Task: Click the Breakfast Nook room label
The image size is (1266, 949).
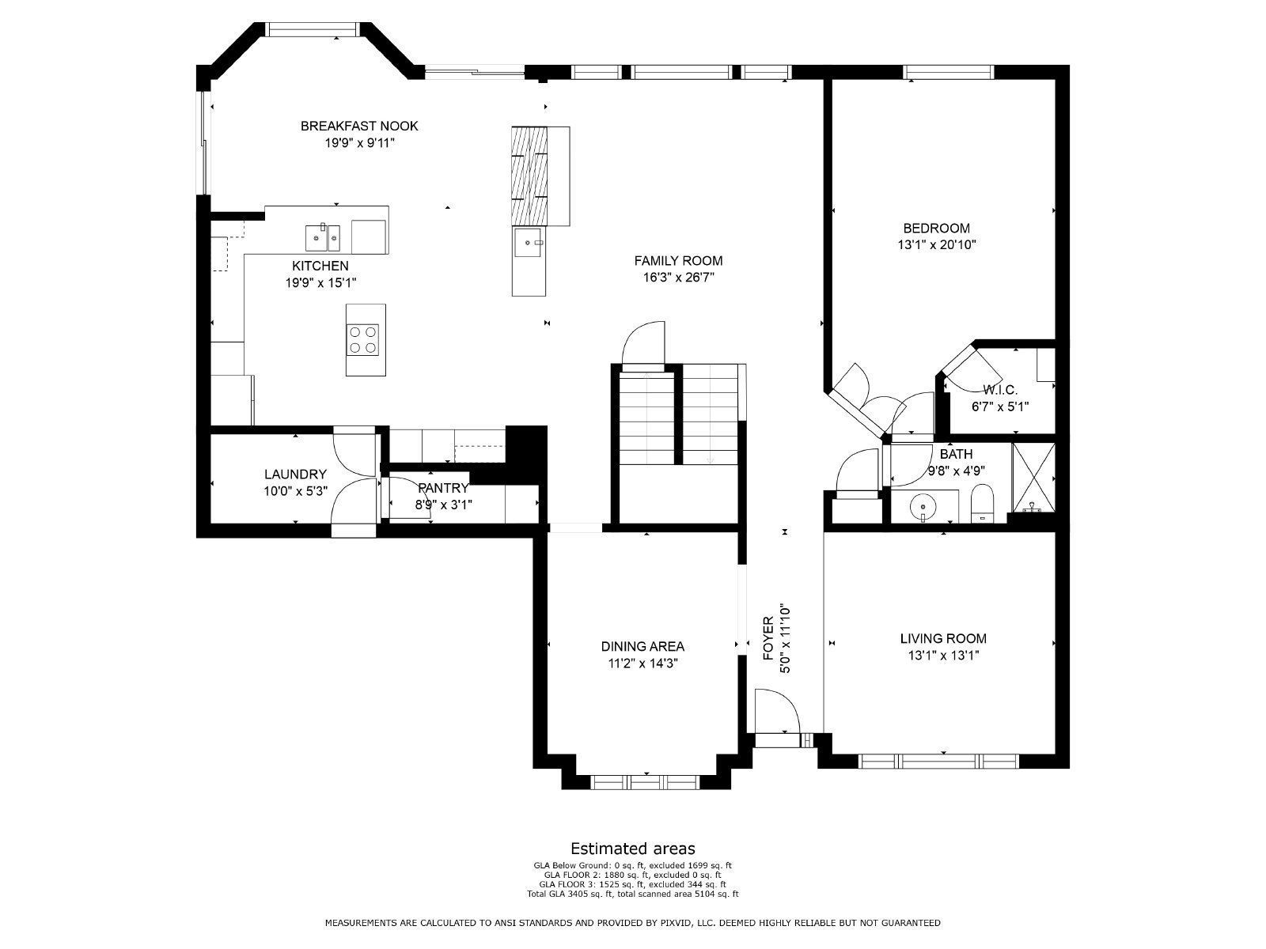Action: pyautogui.click(x=358, y=126)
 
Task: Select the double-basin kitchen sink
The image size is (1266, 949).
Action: pyautogui.click(x=323, y=236)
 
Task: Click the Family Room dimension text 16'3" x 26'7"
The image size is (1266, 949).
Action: pyautogui.click(x=678, y=278)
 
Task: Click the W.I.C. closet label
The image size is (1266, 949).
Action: pyautogui.click(x=999, y=390)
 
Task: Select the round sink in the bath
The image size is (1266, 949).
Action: pyautogui.click(x=923, y=504)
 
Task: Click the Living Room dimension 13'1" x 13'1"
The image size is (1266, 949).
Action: pyautogui.click(x=943, y=656)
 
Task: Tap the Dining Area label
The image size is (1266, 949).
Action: pyautogui.click(x=642, y=647)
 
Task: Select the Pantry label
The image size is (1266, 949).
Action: pyautogui.click(x=443, y=489)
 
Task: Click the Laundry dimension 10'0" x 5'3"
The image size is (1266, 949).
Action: pyautogui.click(x=295, y=491)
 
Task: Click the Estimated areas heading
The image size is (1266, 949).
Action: pyautogui.click(x=632, y=849)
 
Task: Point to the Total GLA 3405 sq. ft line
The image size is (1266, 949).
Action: pyautogui.click(x=632, y=894)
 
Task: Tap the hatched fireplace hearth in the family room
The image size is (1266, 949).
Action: pyautogui.click(x=530, y=175)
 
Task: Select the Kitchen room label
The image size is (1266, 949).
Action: pyautogui.click(x=320, y=266)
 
